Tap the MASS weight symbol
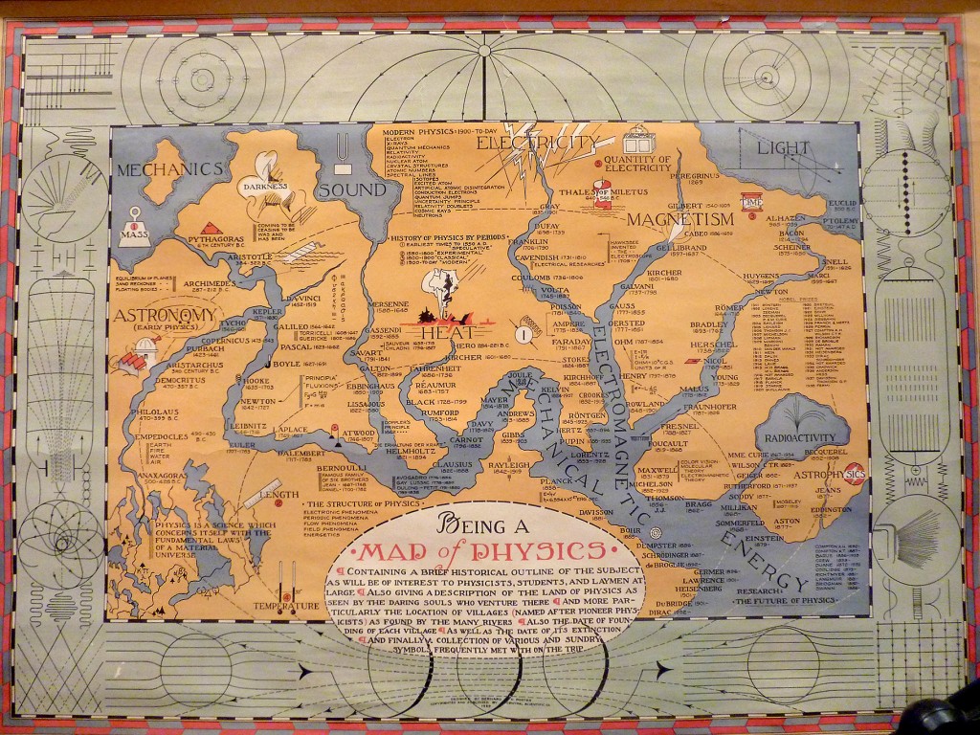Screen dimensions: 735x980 pyautogui.click(x=135, y=228)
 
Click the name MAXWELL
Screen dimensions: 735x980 pyautogui.click(x=657, y=471)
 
